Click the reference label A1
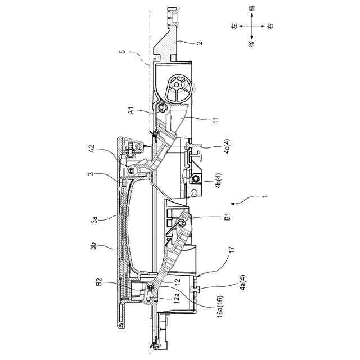point(131,111)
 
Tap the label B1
point(227,217)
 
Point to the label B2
point(99,282)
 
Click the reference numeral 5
point(123,51)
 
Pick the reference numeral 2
point(200,43)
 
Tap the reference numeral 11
point(216,120)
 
